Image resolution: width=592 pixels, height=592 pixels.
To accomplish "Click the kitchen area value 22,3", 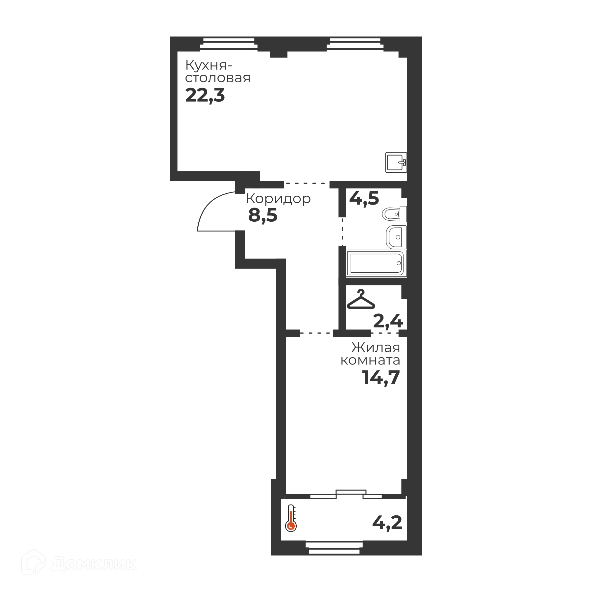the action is [205, 96].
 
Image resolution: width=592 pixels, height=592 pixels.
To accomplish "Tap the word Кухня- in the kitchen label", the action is [209, 65].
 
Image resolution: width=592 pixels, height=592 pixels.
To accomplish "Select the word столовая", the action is [218, 78].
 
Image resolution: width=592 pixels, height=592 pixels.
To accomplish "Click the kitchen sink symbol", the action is [396, 162].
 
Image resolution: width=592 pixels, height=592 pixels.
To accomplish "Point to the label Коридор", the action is [278, 199].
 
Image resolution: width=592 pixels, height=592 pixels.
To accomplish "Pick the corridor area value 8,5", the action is [263, 215].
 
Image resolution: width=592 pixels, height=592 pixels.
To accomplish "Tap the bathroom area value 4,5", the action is [364, 199].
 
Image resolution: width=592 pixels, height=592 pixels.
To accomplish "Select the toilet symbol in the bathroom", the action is [394, 214].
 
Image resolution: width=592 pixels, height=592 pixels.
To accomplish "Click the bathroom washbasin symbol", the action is [396, 237].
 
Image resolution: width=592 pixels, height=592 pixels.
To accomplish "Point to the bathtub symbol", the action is [376, 263].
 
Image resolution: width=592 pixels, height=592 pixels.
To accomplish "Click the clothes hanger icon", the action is [361, 299].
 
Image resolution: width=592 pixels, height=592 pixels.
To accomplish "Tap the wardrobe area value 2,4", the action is [388, 321].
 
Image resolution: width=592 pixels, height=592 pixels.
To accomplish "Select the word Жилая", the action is [376, 347].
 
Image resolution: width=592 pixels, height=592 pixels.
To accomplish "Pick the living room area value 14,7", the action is [381, 377].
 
